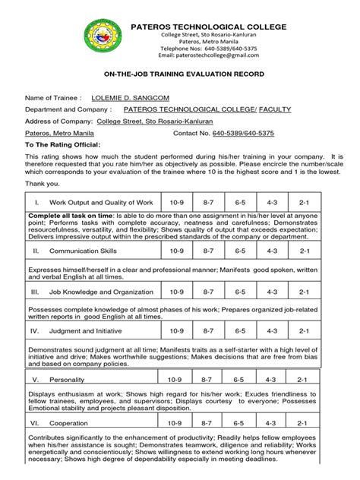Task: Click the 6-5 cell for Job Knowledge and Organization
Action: click(x=239, y=291)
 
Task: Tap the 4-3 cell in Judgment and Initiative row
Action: click(x=272, y=331)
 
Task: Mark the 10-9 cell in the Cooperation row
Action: click(x=175, y=422)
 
